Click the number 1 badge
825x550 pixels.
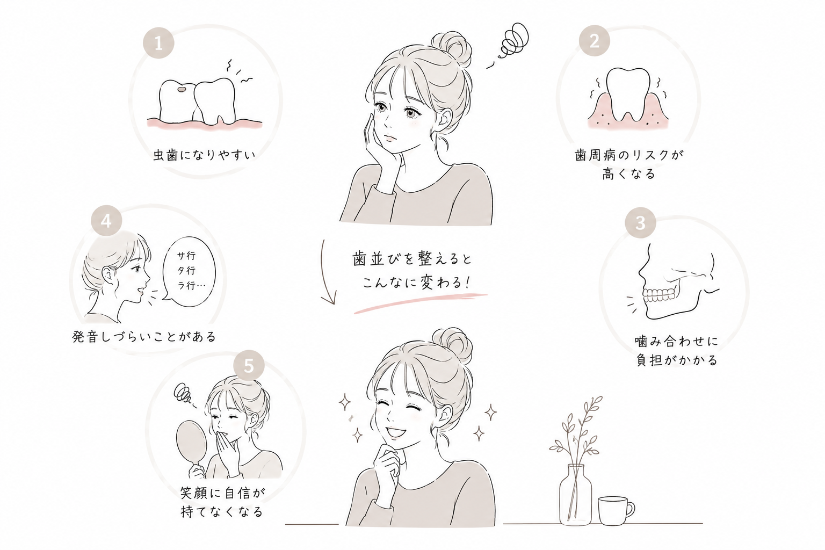coord(158,43)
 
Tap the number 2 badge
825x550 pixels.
coord(594,40)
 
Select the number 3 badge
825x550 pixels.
coord(640,222)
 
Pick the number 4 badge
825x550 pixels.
coord(106,221)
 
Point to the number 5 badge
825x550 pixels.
coord(249,365)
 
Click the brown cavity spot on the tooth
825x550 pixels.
coord(181,89)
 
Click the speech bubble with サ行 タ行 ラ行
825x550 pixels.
coord(189,271)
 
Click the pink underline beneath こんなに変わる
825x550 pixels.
coord(421,303)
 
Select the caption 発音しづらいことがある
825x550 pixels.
coord(144,336)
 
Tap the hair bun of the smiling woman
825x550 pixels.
coord(452,345)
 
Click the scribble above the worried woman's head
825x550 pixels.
coord(510,44)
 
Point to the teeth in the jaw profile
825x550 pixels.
coord(660,294)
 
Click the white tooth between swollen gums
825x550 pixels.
coord(628,94)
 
